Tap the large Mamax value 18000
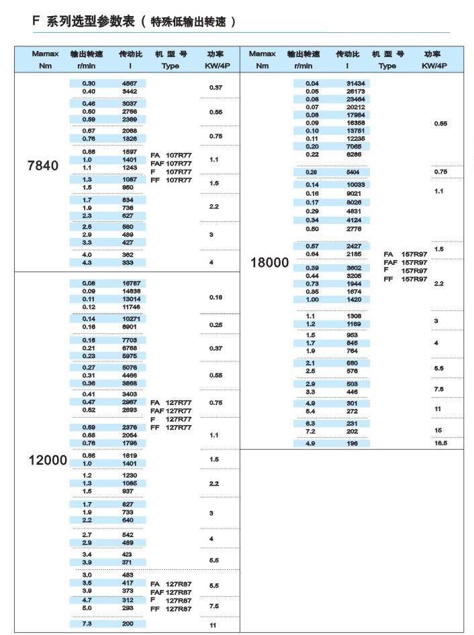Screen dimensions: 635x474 click(x=269, y=263)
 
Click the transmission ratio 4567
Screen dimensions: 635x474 click(x=130, y=82)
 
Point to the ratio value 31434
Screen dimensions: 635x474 click(x=355, y=82)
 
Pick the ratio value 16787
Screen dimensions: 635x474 click(x=130, y=283)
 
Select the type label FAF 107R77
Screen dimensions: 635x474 click(x=171, y=163)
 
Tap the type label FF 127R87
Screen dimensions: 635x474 click(x=171, y=609)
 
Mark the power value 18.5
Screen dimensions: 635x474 click(x=440, y=443)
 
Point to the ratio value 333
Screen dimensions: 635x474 click(x=128, y=263)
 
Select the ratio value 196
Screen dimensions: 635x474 click(x=353, y=443)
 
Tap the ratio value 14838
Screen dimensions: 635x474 click(x=130, y=291)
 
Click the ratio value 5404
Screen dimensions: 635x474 click(x=354, y=172)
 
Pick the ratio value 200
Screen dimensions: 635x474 click(x=128, y=624)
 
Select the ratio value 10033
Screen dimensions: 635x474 click(x=355, y=184)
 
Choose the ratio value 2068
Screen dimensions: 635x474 click(x=130, y=130)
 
